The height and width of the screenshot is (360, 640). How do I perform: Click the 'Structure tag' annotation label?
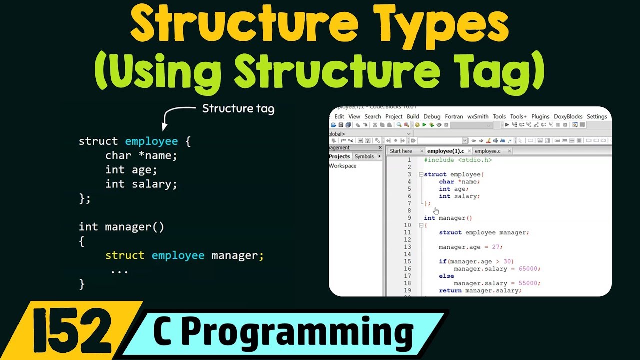(238, 109)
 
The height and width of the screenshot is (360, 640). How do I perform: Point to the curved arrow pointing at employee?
(175, 114)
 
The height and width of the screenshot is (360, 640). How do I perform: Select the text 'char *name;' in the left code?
(141, 155)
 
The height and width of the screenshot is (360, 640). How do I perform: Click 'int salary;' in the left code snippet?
(141, 184)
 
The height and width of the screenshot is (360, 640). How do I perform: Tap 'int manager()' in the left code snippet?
(121, 227)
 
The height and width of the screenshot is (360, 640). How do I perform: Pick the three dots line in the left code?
(119, 270)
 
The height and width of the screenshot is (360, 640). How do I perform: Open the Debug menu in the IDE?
(432, 116)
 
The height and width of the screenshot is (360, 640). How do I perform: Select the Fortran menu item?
(454, 116)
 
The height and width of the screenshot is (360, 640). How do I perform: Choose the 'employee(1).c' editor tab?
(445, 151)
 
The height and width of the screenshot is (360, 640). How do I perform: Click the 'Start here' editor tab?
(401, 151)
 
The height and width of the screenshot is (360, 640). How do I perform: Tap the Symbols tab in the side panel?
(364, 156)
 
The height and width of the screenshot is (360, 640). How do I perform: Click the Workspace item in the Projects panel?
(343, 166)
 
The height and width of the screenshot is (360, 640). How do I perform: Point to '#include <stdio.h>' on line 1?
(458, 160)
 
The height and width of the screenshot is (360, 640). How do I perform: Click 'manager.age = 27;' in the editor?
(470, 247)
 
